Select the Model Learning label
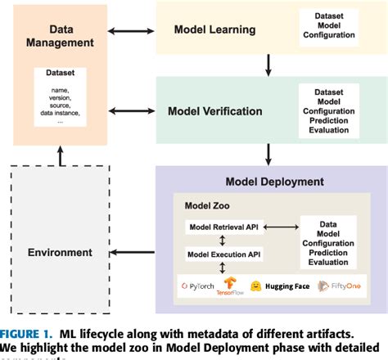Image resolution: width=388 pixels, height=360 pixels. [x=214, y=30]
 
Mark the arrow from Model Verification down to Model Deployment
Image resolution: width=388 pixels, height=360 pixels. [x=269, y=152]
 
